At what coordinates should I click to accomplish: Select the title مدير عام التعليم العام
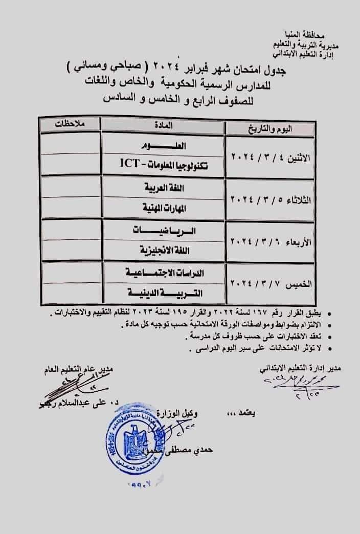click(77, 369)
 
